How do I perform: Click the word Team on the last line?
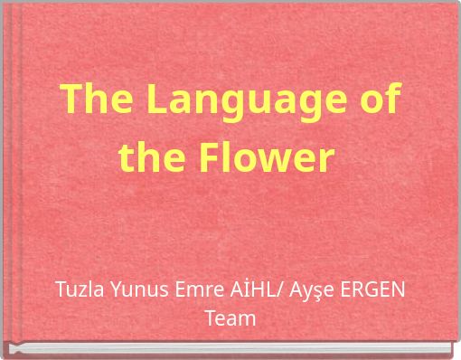pyautogui.click(x=230, y=318)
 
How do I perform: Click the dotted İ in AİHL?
pyautogui.click(x=229, y=290)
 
